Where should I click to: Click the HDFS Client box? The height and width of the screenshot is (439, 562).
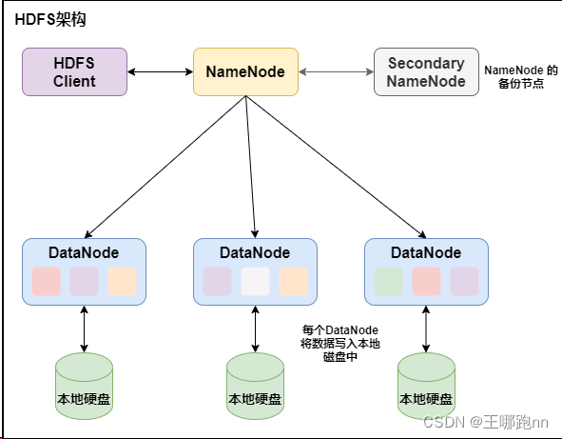(x=74, y=71)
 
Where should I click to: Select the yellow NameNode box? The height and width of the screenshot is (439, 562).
(x=245, y=71)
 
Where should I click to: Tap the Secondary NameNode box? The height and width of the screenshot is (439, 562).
(x=426, y=71)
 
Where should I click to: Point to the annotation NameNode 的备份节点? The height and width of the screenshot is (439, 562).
(x=520, y=77)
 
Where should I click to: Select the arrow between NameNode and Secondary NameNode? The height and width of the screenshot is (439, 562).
(x=336, y=71)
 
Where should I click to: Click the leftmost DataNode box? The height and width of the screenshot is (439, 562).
(x=84, y=270)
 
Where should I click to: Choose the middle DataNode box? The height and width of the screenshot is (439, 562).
(x=255, y=270)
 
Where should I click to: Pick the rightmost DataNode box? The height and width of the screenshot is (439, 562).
(x=426, y=270)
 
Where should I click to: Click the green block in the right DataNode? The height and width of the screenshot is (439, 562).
(x=388, y=281)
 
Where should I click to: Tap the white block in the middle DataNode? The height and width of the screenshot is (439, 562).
(x=255, y=281)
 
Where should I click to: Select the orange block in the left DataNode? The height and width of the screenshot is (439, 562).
(x=122, y=281)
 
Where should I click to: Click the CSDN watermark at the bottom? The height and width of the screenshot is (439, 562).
(x=486, y=422)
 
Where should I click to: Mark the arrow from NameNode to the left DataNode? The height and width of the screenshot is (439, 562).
(x=165, y=167)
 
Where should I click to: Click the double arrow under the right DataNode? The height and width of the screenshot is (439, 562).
(x=426, y=329)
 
